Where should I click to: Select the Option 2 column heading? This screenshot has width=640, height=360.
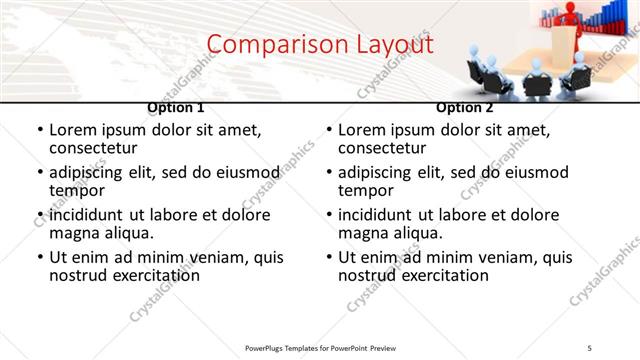(464, 107)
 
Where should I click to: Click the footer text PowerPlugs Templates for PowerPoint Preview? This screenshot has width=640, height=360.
(319, 347)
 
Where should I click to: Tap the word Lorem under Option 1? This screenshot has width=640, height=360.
(74, 130)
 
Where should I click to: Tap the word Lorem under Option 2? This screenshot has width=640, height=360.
(363, 130)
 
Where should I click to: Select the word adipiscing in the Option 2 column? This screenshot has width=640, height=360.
(378, 173)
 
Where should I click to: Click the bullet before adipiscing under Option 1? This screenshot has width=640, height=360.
(40, 174)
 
